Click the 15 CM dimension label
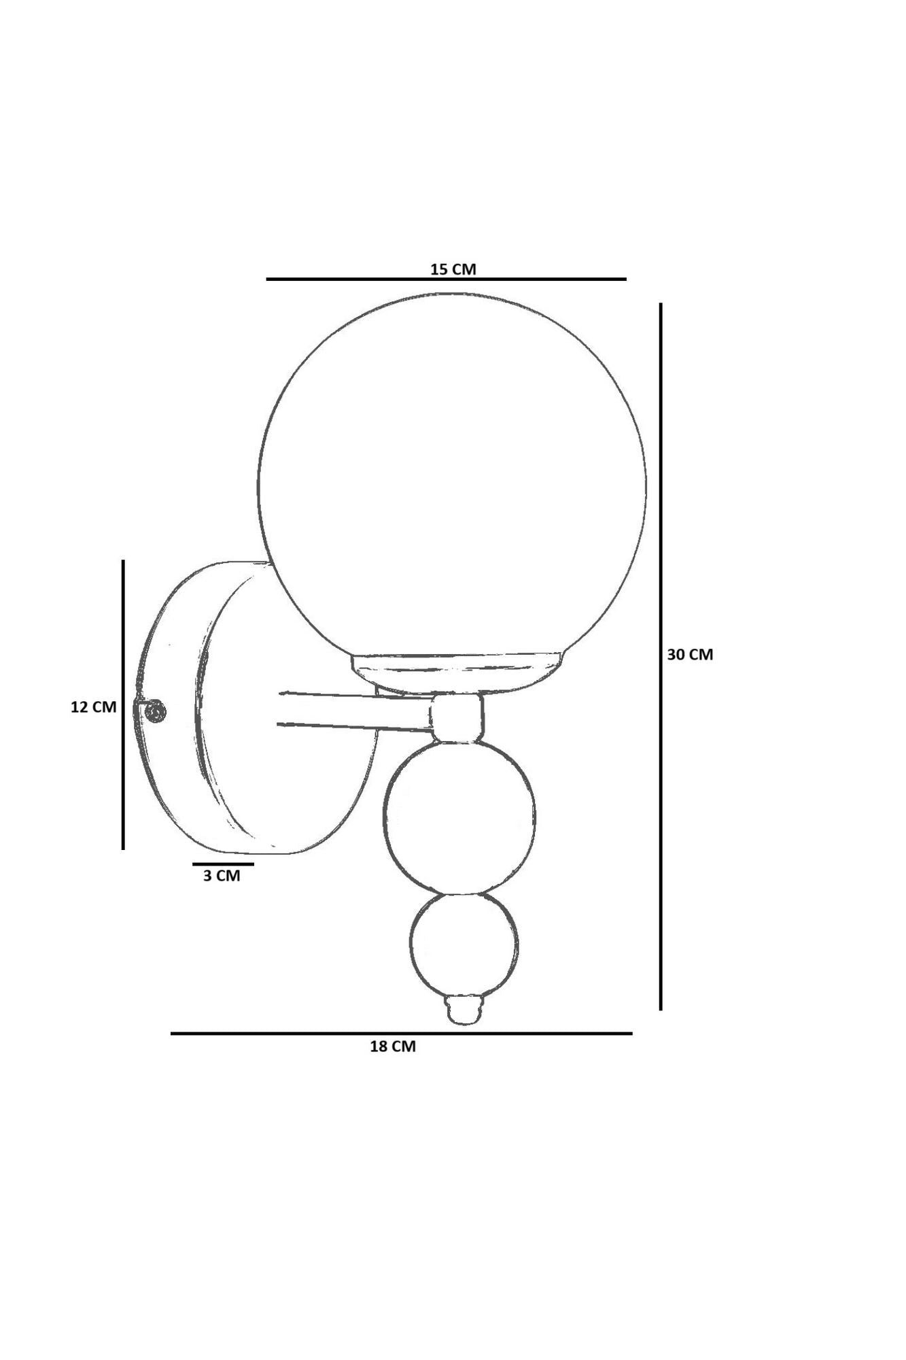(453, 269)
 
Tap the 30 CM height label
(690, 654)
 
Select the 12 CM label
(94, 707)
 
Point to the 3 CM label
(222, 876)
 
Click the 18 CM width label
(392, 1047)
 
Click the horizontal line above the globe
(445, 279)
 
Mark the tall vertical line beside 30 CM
(660, 656)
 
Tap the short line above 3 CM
(223, 864)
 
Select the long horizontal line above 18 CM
(401, 1033)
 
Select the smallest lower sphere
(464, 942)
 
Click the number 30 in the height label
(676, 654)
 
